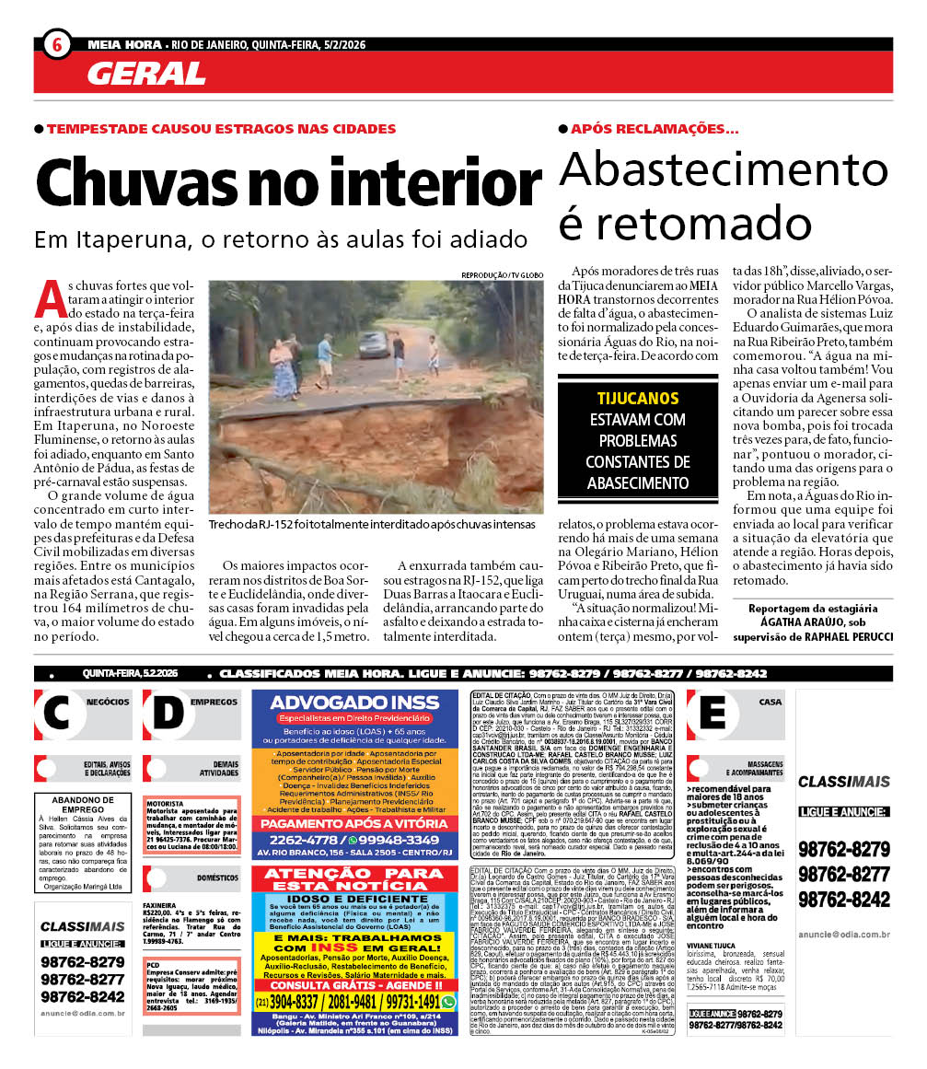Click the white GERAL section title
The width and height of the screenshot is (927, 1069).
tap(146, 73)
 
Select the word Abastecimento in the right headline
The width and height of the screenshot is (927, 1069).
tap(724, 169)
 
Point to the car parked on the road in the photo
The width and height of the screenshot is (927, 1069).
tap(373, 343)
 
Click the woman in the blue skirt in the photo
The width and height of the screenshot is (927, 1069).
tap(283, 367)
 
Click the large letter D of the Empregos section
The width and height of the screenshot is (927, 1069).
tap(169, 715)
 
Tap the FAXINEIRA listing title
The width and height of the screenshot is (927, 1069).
tap(160, 905)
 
